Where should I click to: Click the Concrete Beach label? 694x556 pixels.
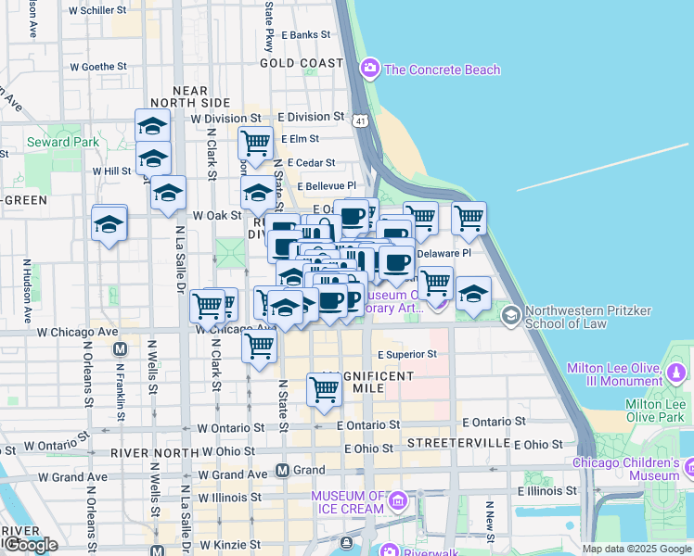pos(442,69)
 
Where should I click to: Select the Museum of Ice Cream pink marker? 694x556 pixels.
pos(398,501)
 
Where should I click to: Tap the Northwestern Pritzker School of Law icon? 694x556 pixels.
pos(510,317)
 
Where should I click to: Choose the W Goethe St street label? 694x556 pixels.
pos(97,67)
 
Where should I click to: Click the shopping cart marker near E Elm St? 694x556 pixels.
pos(254,145)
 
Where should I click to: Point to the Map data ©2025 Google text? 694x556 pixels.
pos(636,549)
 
